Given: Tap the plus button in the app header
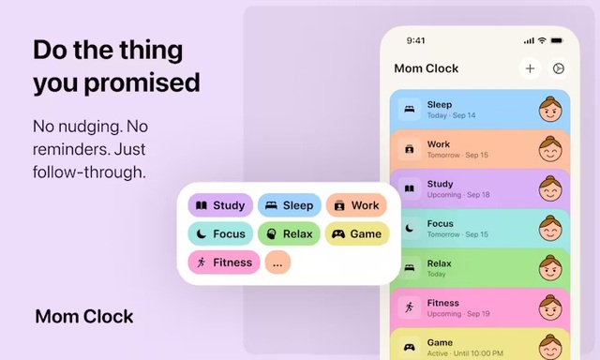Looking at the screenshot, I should point(530,68).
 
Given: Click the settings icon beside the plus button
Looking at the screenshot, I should point(559,68).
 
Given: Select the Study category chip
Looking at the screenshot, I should point(220,205).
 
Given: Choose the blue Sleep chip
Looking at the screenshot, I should point(289,205).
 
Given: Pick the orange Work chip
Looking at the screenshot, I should point(357,205).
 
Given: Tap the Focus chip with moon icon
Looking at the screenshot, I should point(220,233).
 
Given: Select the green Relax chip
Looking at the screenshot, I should point(289,233).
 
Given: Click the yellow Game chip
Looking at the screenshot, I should point(357,233).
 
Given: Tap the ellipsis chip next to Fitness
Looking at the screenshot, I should point(277,263).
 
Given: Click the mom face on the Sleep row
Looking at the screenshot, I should point(550,110).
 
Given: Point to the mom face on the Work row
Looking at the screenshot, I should point(550,149).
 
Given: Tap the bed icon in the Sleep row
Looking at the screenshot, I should point(410,110).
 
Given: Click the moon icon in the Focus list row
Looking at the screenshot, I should point(410,228).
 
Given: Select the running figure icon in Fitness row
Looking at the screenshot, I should point(410,307).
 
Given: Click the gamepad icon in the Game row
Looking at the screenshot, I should point(410,346).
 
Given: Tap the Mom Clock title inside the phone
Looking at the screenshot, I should point(427,68).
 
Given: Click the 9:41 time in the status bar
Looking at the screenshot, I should point(416,41).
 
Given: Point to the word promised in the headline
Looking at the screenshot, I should point(142,82).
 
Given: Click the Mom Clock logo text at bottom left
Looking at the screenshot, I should point(84,316).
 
